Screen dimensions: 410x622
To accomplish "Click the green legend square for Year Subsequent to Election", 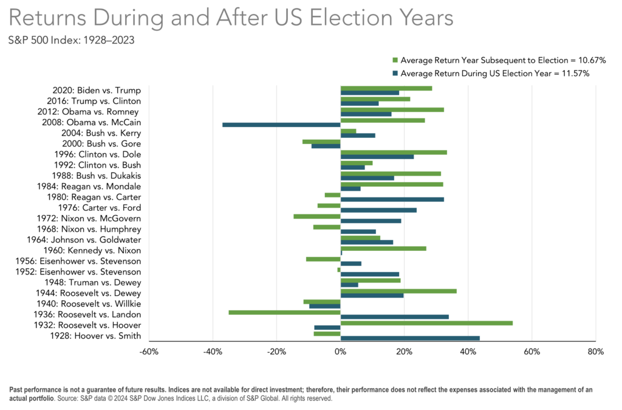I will tap(395, 60).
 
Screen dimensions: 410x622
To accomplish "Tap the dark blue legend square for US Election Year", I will tap(395, 73).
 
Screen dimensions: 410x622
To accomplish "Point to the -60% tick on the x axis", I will tap(149, 352).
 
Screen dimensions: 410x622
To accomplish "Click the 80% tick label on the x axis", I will tap(595, 352).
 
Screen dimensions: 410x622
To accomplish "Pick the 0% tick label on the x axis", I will tap(341, 352).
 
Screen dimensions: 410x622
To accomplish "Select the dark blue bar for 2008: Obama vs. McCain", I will tap(281, 125).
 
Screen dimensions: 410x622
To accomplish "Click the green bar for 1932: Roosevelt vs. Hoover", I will tap(426, 323).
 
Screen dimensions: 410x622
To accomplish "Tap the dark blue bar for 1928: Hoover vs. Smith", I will tap(410, 338).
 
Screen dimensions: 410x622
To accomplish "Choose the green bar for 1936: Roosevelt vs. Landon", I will tap(284, 312).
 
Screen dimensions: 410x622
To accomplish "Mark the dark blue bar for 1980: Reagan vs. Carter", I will tap(392, 199).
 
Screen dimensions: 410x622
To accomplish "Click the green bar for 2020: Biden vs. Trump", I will tap(386, 88).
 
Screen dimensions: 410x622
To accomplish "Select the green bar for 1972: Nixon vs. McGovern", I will tap(317, 216).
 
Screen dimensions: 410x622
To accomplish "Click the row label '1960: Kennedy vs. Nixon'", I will tap(92, 250).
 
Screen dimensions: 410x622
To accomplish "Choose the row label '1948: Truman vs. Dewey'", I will tap(93, 282).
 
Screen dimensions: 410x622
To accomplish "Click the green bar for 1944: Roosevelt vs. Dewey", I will tap(398, 291).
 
